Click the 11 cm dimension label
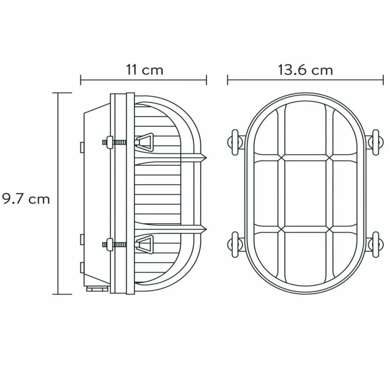click(x=145, y=70)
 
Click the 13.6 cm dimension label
click(x=305, y=70)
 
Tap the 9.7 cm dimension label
click(x=26, y=199)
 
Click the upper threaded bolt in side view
click(x=115, y=142)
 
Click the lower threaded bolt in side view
click(x=115, y=245)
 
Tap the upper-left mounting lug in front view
click(x=236, y=143)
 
